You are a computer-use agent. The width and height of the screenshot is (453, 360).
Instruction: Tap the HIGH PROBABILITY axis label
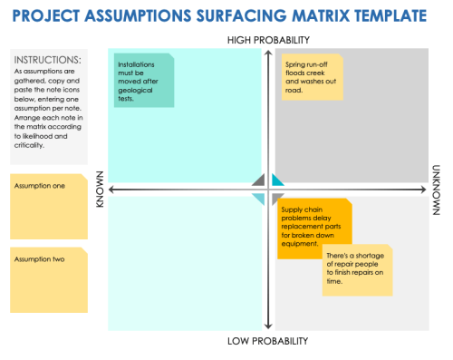268,40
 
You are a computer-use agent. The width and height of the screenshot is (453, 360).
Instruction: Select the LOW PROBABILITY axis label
268,341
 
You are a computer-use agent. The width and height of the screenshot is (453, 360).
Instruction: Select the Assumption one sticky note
49,205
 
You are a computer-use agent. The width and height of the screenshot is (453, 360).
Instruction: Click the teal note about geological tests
143,82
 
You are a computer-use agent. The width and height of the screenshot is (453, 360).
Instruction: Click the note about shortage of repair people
358,269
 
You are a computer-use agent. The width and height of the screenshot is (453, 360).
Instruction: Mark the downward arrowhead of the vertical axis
265,327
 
